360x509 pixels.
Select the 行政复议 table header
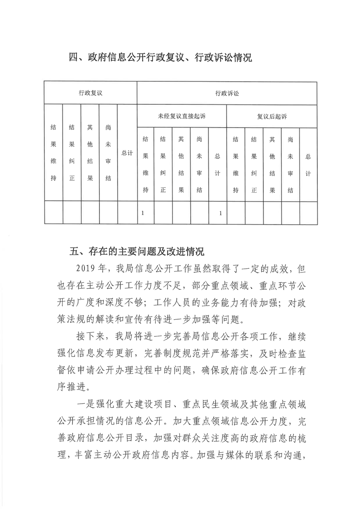point(91,93)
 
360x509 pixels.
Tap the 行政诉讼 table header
point(227,93)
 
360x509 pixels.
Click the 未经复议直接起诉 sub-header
point(182,117)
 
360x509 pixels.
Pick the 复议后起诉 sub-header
point(272,117)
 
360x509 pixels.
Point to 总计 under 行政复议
point(127,153)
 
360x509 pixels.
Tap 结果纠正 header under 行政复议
point(72,153)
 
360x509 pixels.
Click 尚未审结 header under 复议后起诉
point(290,165)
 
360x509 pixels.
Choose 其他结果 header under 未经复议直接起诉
point(181,165)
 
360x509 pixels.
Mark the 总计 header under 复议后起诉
point(308,165)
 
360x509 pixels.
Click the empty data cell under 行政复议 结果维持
point(54,213)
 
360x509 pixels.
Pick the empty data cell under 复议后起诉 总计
point(308,213)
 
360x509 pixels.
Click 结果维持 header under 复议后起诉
point(236,165)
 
